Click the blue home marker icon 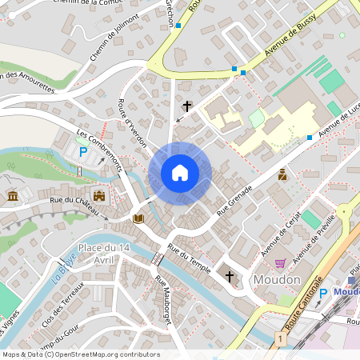coord(180,173)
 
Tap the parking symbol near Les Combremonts coord(82,152)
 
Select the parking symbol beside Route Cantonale coord(323,294)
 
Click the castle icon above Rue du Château coord(99,195)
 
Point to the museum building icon coord(13,196)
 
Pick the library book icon coord(138,218)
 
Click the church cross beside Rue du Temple coord(230,276)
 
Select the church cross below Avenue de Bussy coord(188,106)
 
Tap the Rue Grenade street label coord(234,201)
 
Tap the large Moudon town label coord(276,280)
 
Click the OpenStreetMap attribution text coord(80,354)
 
